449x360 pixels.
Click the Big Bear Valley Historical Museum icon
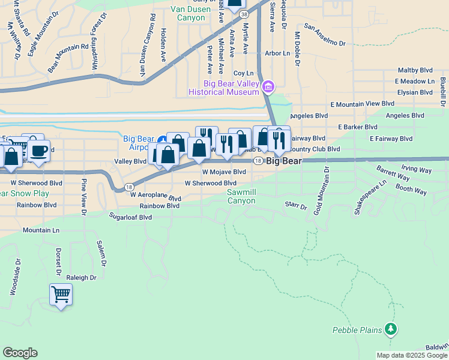[268, 88]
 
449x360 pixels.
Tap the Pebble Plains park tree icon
[391, 329]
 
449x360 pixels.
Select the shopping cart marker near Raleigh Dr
[61, 295]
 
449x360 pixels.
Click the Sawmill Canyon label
[245, 196]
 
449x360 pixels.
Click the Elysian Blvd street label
[415, 92]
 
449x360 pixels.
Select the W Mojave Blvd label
[224, 172]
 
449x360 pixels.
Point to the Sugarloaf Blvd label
[130, 217]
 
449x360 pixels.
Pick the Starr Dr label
[296, 206]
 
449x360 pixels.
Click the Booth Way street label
[411, 191]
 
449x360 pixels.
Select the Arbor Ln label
[277, 53]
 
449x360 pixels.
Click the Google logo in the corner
[20, 353]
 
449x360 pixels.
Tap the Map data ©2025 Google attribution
[412, 355]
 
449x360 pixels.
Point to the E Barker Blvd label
[358, 127]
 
